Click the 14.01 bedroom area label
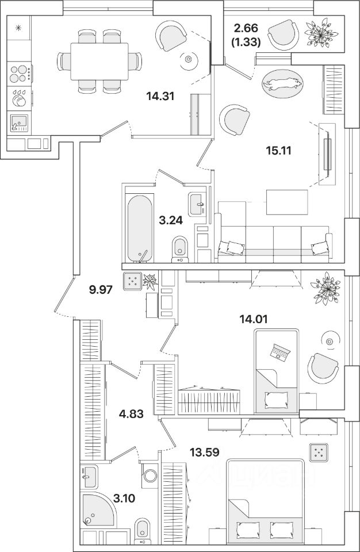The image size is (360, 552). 256,317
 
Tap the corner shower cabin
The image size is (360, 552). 95,511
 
